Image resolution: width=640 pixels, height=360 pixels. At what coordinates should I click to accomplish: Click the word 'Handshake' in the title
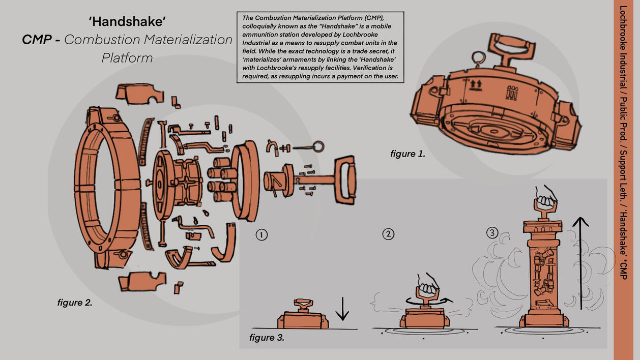[127, 22]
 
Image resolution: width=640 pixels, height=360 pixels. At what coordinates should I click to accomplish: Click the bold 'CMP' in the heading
[37, 39]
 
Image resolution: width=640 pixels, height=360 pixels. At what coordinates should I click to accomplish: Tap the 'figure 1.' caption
[408, 154]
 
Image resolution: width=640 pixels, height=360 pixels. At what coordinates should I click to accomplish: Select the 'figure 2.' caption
[75, 303]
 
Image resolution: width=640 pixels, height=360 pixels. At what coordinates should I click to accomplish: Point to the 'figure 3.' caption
[267, 338]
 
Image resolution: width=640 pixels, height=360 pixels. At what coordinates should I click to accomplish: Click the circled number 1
[261, 235]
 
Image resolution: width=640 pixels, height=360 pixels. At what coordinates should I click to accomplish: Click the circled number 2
[388, 234]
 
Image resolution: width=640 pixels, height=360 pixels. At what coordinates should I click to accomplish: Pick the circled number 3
[492, 233]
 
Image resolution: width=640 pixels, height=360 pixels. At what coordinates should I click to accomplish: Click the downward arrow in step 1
[342, 309]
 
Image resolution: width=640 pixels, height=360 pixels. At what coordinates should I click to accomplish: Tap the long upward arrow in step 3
[580, 263]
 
